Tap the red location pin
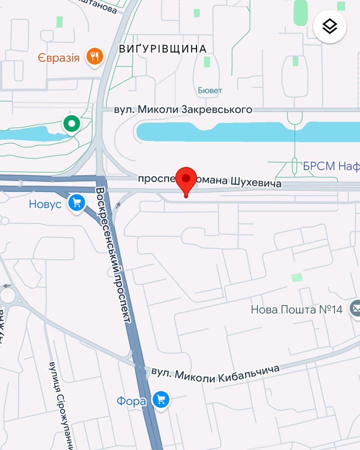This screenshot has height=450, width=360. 186,179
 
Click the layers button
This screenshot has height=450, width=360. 330,26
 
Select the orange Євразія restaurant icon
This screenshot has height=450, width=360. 94,57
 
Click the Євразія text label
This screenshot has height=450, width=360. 58,58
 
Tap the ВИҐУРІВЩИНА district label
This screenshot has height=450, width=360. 163,49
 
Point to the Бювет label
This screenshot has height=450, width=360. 210,90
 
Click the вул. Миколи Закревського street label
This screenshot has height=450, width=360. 183,109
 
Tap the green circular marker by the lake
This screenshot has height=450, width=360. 71,123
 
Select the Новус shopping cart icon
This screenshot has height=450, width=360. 77,203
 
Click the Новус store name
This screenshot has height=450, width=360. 45,204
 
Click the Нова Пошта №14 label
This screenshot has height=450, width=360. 297,310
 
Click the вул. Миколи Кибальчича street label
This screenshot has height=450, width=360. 215,373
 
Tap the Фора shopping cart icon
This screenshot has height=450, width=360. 161,400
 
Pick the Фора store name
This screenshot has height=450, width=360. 131,401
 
